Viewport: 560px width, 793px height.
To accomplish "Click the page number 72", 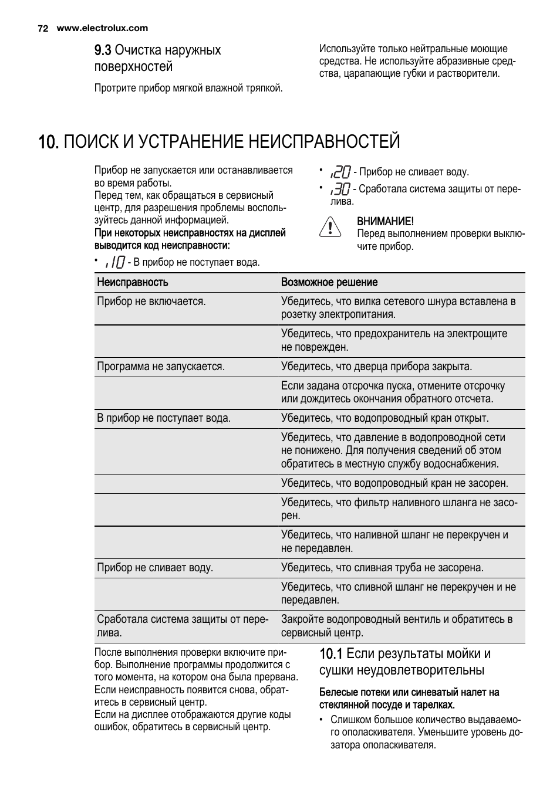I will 42,28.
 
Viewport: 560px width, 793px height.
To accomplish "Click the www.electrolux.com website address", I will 102,28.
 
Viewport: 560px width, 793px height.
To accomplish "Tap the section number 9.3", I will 103,50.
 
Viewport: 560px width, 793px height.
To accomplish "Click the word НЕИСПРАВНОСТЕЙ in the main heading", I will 324,142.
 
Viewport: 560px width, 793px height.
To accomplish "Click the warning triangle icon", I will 330,227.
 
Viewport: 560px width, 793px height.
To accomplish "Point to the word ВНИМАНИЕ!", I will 385,221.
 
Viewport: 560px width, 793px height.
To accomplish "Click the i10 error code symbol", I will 115,262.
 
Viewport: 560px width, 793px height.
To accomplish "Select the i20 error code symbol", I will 340,172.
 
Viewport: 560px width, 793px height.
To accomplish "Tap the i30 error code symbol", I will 340,189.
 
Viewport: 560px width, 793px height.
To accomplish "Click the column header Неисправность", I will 133,282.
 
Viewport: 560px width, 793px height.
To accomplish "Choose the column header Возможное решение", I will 329,282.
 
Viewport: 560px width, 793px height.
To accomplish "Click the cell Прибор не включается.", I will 151,301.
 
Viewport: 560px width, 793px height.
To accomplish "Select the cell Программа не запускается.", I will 161,367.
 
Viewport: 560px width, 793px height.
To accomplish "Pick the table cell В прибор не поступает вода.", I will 164,418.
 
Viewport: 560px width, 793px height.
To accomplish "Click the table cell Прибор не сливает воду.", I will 155,568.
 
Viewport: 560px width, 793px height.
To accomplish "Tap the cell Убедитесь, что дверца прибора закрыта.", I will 376,367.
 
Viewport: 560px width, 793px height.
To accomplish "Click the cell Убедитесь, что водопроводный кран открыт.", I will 384,418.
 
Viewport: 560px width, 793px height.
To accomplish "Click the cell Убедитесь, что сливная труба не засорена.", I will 382,568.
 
